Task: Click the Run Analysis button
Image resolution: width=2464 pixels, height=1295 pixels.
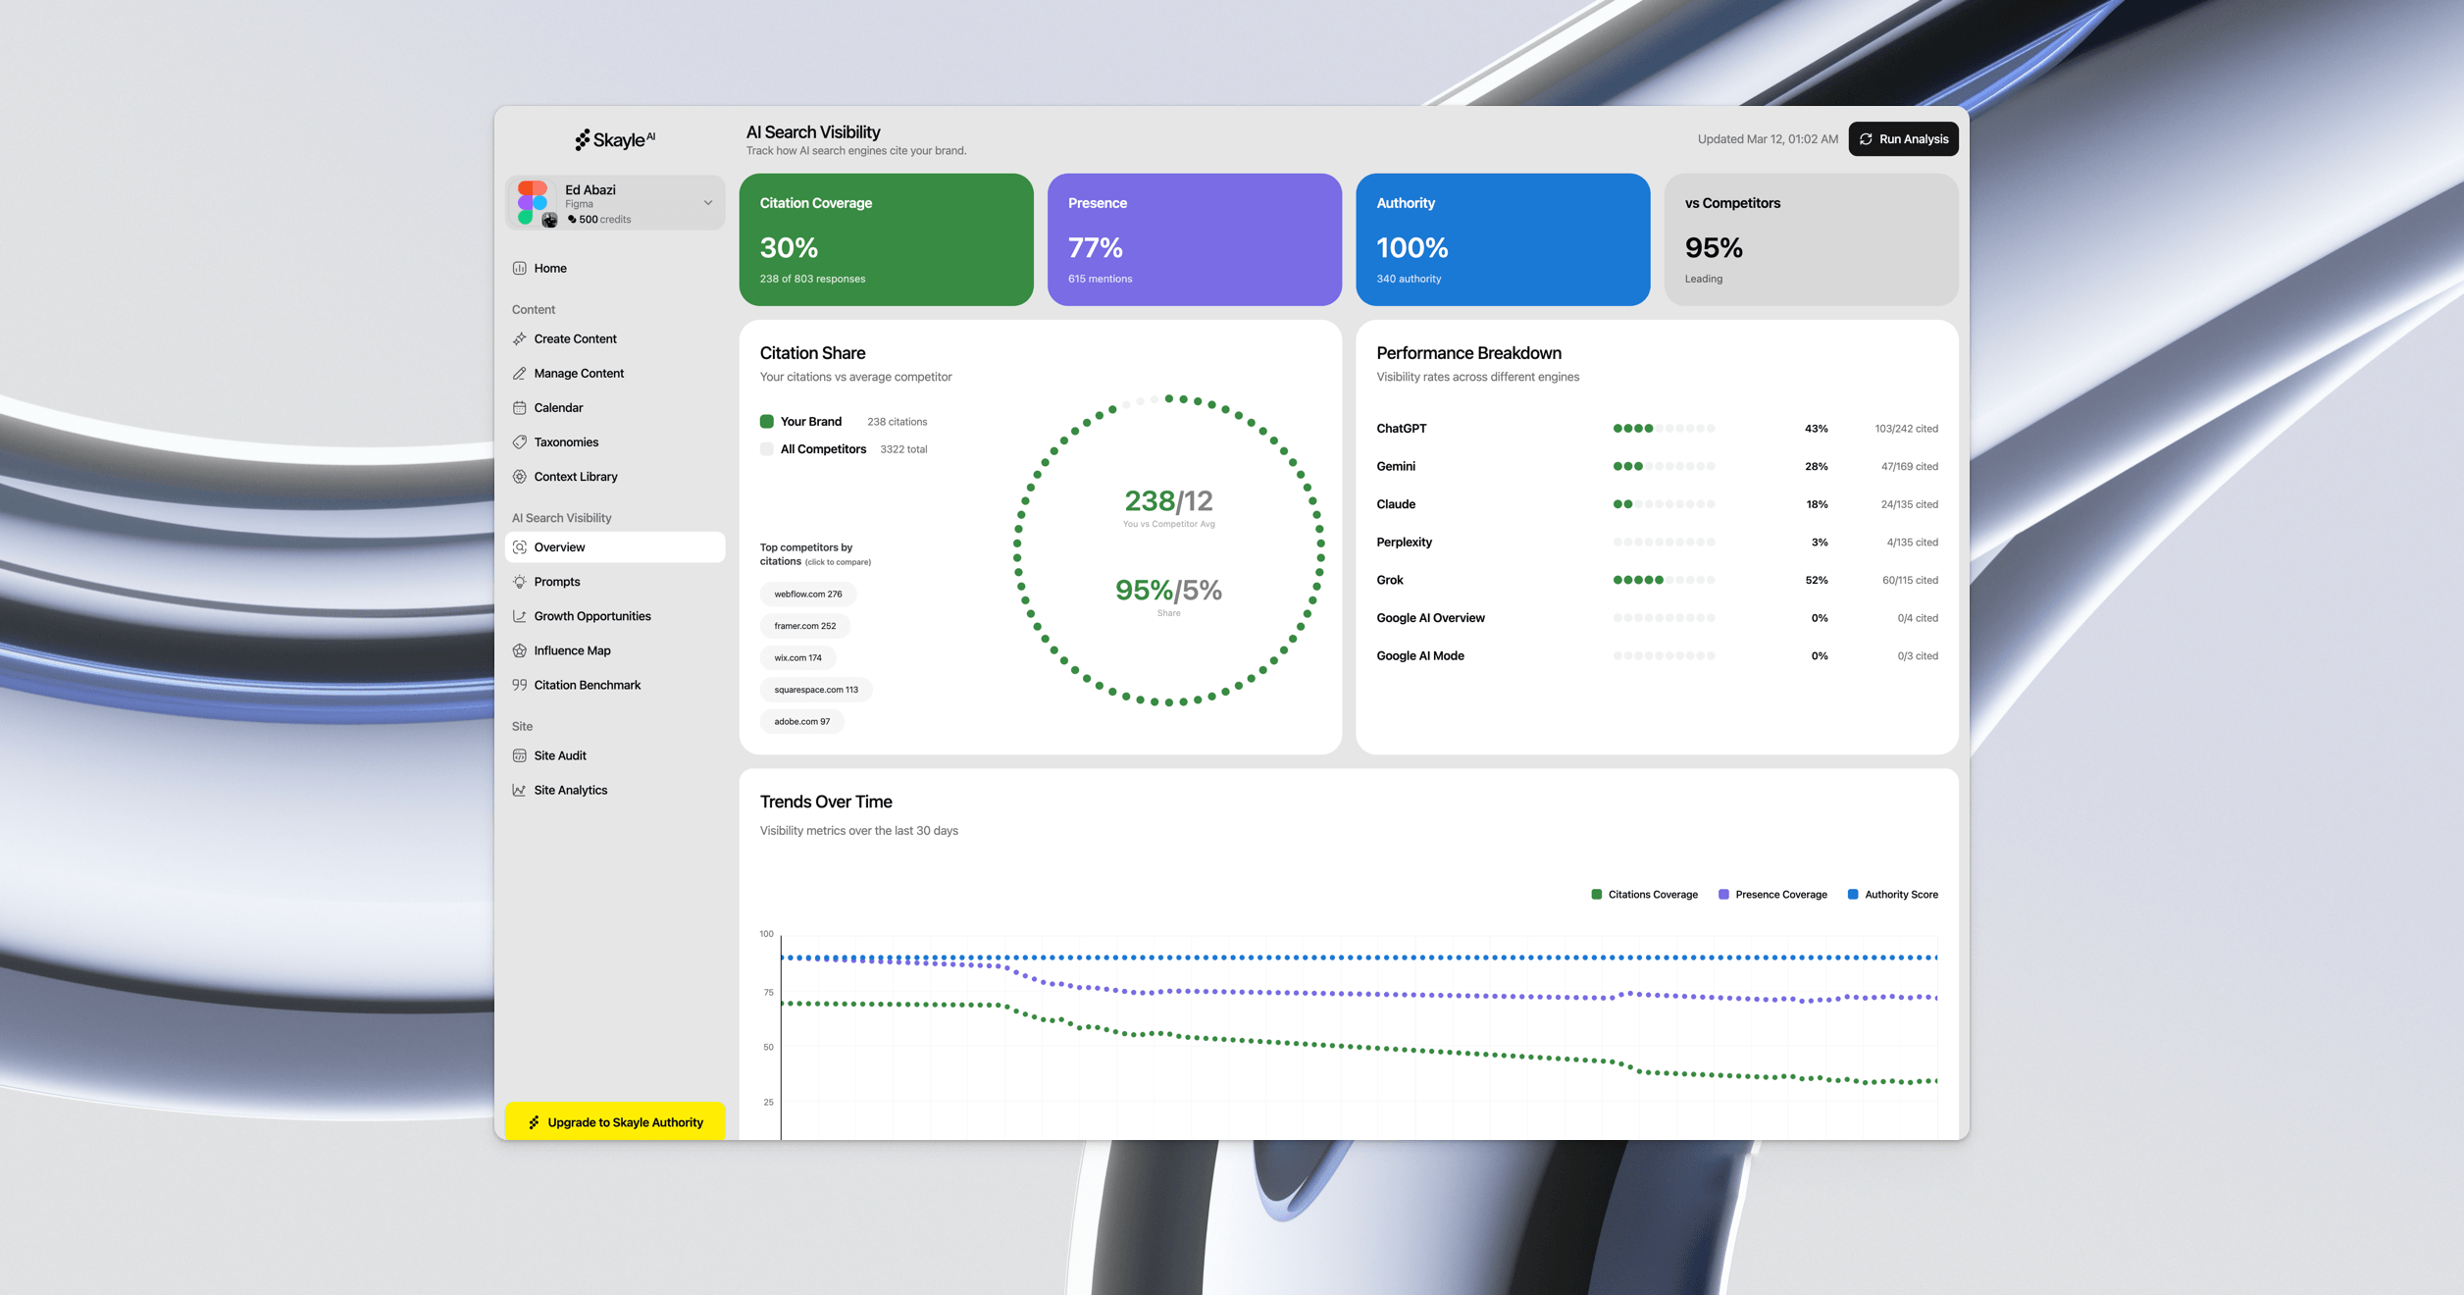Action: coord(1903,139)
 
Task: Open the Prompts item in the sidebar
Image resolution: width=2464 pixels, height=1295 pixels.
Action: coord(556,582)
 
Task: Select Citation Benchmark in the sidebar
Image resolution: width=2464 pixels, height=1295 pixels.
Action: coord(587,685)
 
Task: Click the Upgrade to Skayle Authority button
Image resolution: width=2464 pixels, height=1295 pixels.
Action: coord(615,1122)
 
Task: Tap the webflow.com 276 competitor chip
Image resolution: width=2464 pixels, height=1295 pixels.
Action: coord(807,595)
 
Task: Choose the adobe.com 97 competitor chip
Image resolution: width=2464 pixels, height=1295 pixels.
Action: coord(801,722)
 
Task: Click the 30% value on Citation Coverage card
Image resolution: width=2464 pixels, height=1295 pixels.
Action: coord(789,248)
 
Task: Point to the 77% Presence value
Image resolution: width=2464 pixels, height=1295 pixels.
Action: coord(1095,248)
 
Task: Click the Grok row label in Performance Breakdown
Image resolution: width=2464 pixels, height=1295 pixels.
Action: coord(1389,581)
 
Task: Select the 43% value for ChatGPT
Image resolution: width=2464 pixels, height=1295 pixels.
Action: coord(1816,429)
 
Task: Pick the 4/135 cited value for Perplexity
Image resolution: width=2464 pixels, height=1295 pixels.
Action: coord(1912,543)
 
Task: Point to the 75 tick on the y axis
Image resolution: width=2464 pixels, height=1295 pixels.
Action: coord(768,993)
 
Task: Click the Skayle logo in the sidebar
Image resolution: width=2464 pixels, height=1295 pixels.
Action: coord(615,140)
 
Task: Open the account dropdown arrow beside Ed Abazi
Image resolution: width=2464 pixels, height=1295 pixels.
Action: coord(707,203)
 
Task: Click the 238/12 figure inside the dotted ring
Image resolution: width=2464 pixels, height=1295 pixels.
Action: coord(1168,501)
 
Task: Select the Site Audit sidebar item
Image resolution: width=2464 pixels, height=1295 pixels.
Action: coord(559,755)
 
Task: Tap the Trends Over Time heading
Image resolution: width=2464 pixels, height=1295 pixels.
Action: coord(826,802)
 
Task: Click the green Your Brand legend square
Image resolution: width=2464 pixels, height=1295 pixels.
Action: coord(767,422)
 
